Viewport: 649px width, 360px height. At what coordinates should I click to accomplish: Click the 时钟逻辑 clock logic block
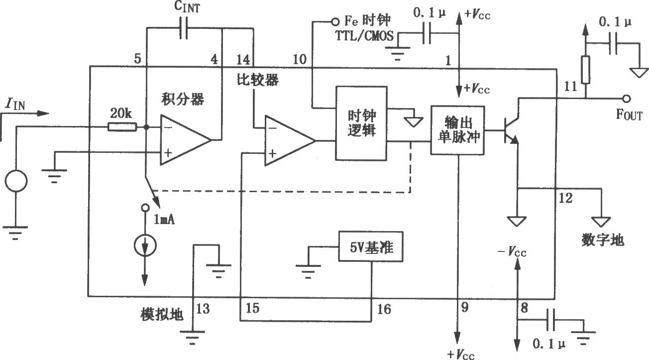(361, 123)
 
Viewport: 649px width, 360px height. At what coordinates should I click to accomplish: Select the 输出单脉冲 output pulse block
(457, 130)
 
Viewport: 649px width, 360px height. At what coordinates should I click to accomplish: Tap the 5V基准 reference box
(371, 246)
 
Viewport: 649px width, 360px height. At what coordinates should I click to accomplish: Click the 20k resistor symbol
(122, 127)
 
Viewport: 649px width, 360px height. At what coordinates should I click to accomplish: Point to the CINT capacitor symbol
(184, 28)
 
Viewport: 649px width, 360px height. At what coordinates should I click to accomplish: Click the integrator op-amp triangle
(186, 140)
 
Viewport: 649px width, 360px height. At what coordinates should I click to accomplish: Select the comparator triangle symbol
(290, 141)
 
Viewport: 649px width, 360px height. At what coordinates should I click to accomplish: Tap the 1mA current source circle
(145, 245)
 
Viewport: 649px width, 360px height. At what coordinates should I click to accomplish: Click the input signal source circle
(16, 181)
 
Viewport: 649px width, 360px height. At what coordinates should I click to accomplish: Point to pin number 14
(243, 60)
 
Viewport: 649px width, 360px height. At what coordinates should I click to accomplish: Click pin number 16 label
(384, 309)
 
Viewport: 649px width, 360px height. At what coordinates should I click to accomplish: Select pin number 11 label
(570, 86)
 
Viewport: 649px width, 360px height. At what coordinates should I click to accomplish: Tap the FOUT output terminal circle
(627, 99)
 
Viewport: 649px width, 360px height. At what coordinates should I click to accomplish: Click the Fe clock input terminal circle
(335, 21)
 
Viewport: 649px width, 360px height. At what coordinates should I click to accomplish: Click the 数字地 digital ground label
(603, 240)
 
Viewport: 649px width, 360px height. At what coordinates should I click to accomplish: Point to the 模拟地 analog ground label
(162, 314)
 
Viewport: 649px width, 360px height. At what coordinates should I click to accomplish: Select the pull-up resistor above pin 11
(585, 70)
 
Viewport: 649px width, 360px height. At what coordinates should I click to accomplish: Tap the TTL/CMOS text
(364, 36)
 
